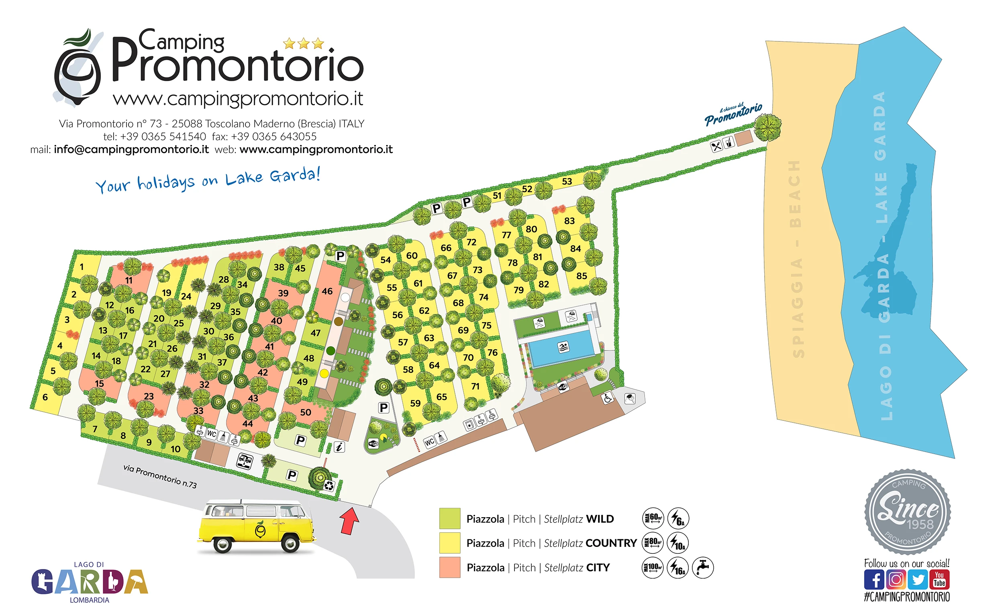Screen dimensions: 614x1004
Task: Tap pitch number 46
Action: pos(327,291)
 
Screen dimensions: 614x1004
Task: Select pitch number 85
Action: pos(582,276)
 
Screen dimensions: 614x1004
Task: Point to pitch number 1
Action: pos(82,267)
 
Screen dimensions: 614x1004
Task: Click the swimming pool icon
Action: pos(563,347)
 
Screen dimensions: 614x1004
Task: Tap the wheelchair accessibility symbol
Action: pos(607,398)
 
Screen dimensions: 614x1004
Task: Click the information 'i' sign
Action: pos(339,447)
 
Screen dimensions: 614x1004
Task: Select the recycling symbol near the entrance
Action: pos(329,485)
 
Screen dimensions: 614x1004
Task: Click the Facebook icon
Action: pos(873,579)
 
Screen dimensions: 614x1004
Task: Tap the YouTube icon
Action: pos(939,579)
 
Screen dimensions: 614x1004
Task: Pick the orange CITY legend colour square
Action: pos(449,567)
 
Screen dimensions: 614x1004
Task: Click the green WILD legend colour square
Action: pos(449,518)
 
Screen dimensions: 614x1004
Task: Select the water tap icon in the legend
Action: pos(702,567)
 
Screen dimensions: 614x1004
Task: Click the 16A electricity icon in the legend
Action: pos(677,567)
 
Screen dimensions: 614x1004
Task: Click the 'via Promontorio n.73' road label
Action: pos(160,476)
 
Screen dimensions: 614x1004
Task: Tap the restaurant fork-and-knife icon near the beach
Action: pos(716,146)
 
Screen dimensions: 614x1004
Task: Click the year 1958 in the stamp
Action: pos(920,524)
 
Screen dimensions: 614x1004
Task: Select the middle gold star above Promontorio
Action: pos(303,44)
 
